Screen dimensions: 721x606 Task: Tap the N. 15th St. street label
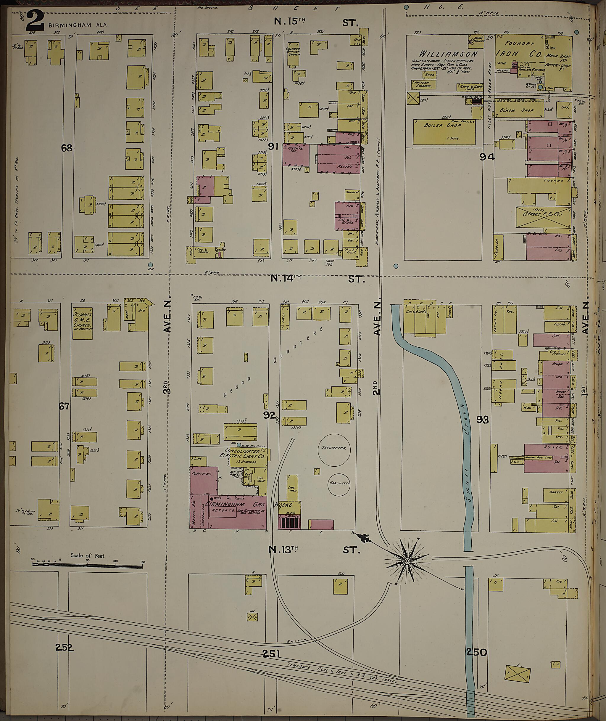[316, 22]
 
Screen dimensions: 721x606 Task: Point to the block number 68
[67, 148]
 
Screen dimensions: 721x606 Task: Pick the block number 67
[64, 406]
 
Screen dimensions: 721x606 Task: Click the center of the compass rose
[407, 561]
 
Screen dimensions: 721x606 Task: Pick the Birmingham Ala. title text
[78, 25]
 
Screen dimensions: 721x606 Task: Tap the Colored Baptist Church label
[293, 52]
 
